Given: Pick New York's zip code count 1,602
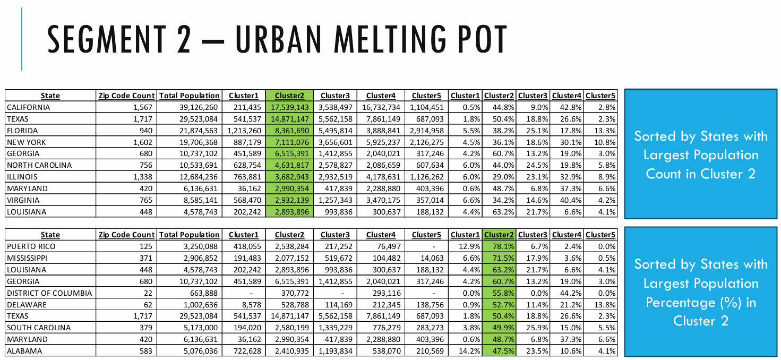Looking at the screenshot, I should click(x=141, y=142).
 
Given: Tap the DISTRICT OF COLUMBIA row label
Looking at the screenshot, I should click(x=49, y=293).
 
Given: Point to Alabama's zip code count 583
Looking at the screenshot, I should click(x=145, y=351).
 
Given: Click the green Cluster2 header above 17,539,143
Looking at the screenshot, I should click(x=289, y=96).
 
